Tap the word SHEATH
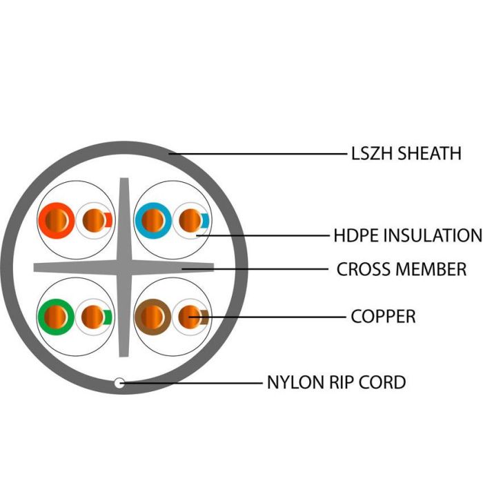pyautogui.click(x=429, y=153)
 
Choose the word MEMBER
pyautogui.click(x=431, y=269)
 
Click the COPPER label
pyautogui.click(x=383, y=316)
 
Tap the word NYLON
pyautogui.click(x=296, y=382)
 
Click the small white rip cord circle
pyautogui.click(x=119, y=383)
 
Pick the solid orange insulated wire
pyautogui.click(x=57, y=221)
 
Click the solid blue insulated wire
pyautogui.click(x=153, y=221)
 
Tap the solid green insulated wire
pyautogui.click(x=56, y=317)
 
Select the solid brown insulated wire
pyautogui.click(x=152, y=317)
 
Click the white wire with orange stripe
pyautogui.click(x=95, y=221)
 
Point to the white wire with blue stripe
pyautogui.click(x=191, y=221)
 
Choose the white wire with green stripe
pyautogui.click(x=94, y=317)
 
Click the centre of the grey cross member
pyautogui.click(x=124, y=268)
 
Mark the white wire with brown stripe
pyautogui.click(x=190, y=317)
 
